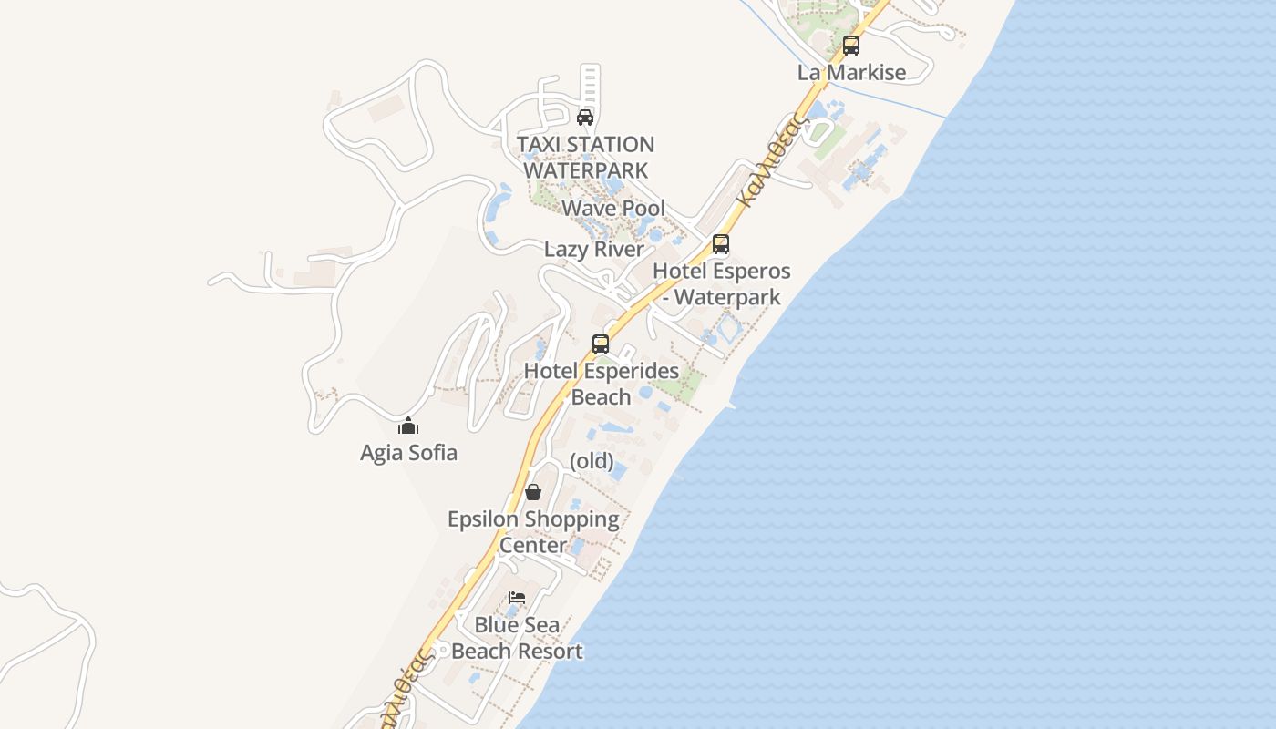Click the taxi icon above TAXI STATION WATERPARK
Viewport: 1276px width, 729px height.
585,118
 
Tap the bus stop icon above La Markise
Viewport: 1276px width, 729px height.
851,45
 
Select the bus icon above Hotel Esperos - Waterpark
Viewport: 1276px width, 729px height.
721,244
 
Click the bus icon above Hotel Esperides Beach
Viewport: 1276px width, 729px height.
601,344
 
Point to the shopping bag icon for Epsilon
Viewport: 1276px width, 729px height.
533,492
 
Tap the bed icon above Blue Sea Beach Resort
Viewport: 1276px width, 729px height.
517,598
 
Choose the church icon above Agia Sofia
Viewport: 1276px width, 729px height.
408,426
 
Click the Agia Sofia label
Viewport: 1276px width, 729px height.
408,453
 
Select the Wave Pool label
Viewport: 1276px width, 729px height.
613,209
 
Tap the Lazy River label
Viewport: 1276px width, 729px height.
594,250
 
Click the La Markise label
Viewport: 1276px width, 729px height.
851,73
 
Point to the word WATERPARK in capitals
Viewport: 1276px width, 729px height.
586,170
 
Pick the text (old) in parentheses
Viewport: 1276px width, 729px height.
592,461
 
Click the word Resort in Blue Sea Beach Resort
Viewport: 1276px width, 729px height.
550,652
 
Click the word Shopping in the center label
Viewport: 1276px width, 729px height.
570,519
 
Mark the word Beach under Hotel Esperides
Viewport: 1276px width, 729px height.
601,397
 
